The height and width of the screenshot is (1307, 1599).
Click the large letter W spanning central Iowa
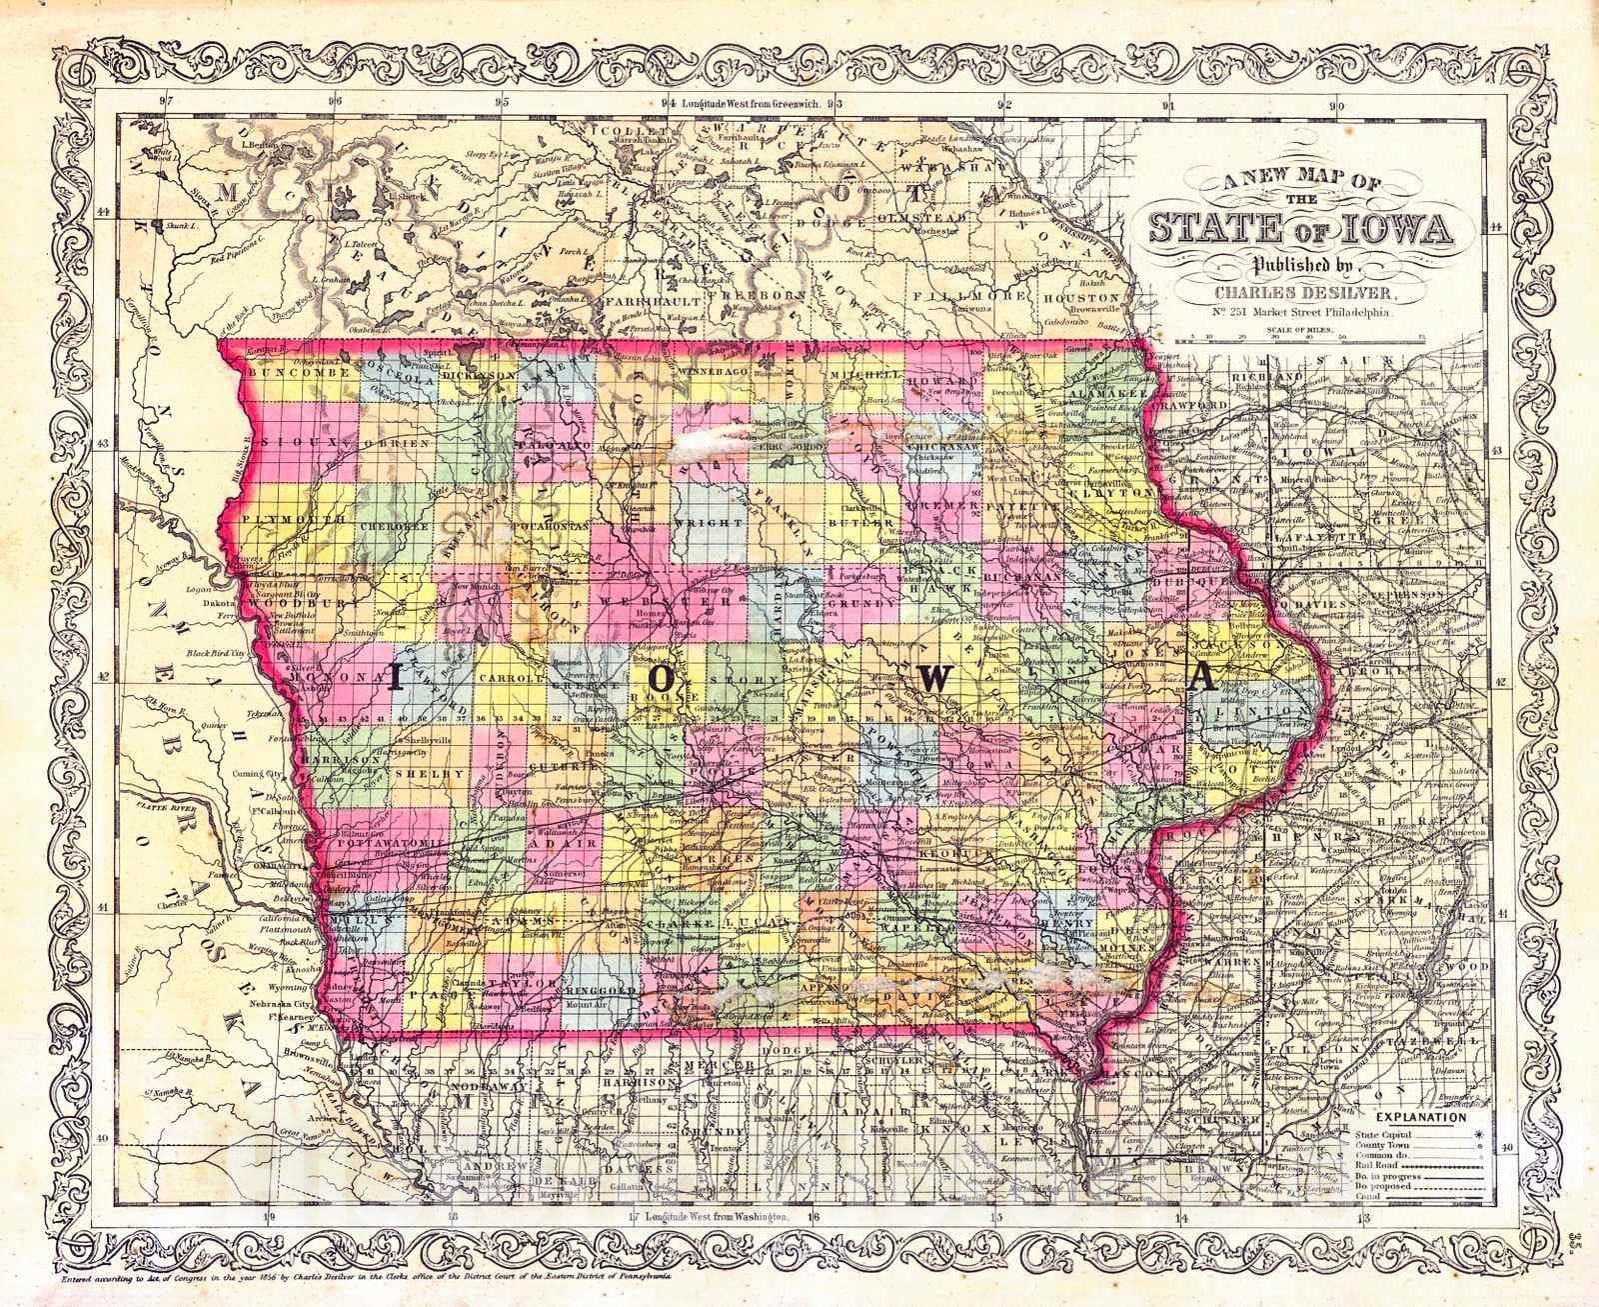931,679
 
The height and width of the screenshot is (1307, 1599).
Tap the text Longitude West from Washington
713,1217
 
